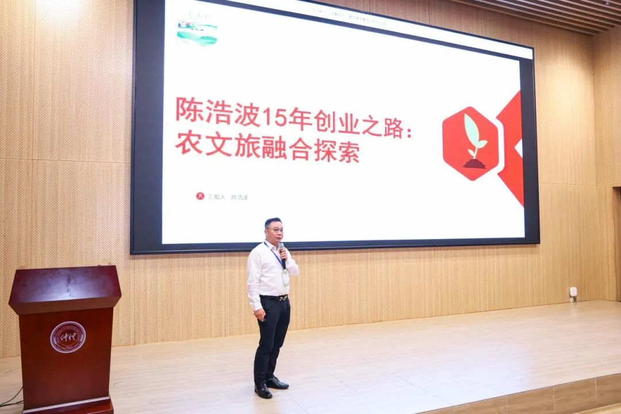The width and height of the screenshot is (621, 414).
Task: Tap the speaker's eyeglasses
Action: pos(275,229)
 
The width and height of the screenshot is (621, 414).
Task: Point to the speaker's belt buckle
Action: pos(282,297)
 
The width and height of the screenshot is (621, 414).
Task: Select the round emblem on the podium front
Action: pos(68,337)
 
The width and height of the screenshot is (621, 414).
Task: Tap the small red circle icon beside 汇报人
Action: pos(200,196)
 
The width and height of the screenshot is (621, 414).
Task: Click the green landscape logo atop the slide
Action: pos(197,33)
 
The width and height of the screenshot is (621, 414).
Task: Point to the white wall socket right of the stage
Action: pos(573,292)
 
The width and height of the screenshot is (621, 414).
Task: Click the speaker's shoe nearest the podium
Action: pos(263,390)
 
